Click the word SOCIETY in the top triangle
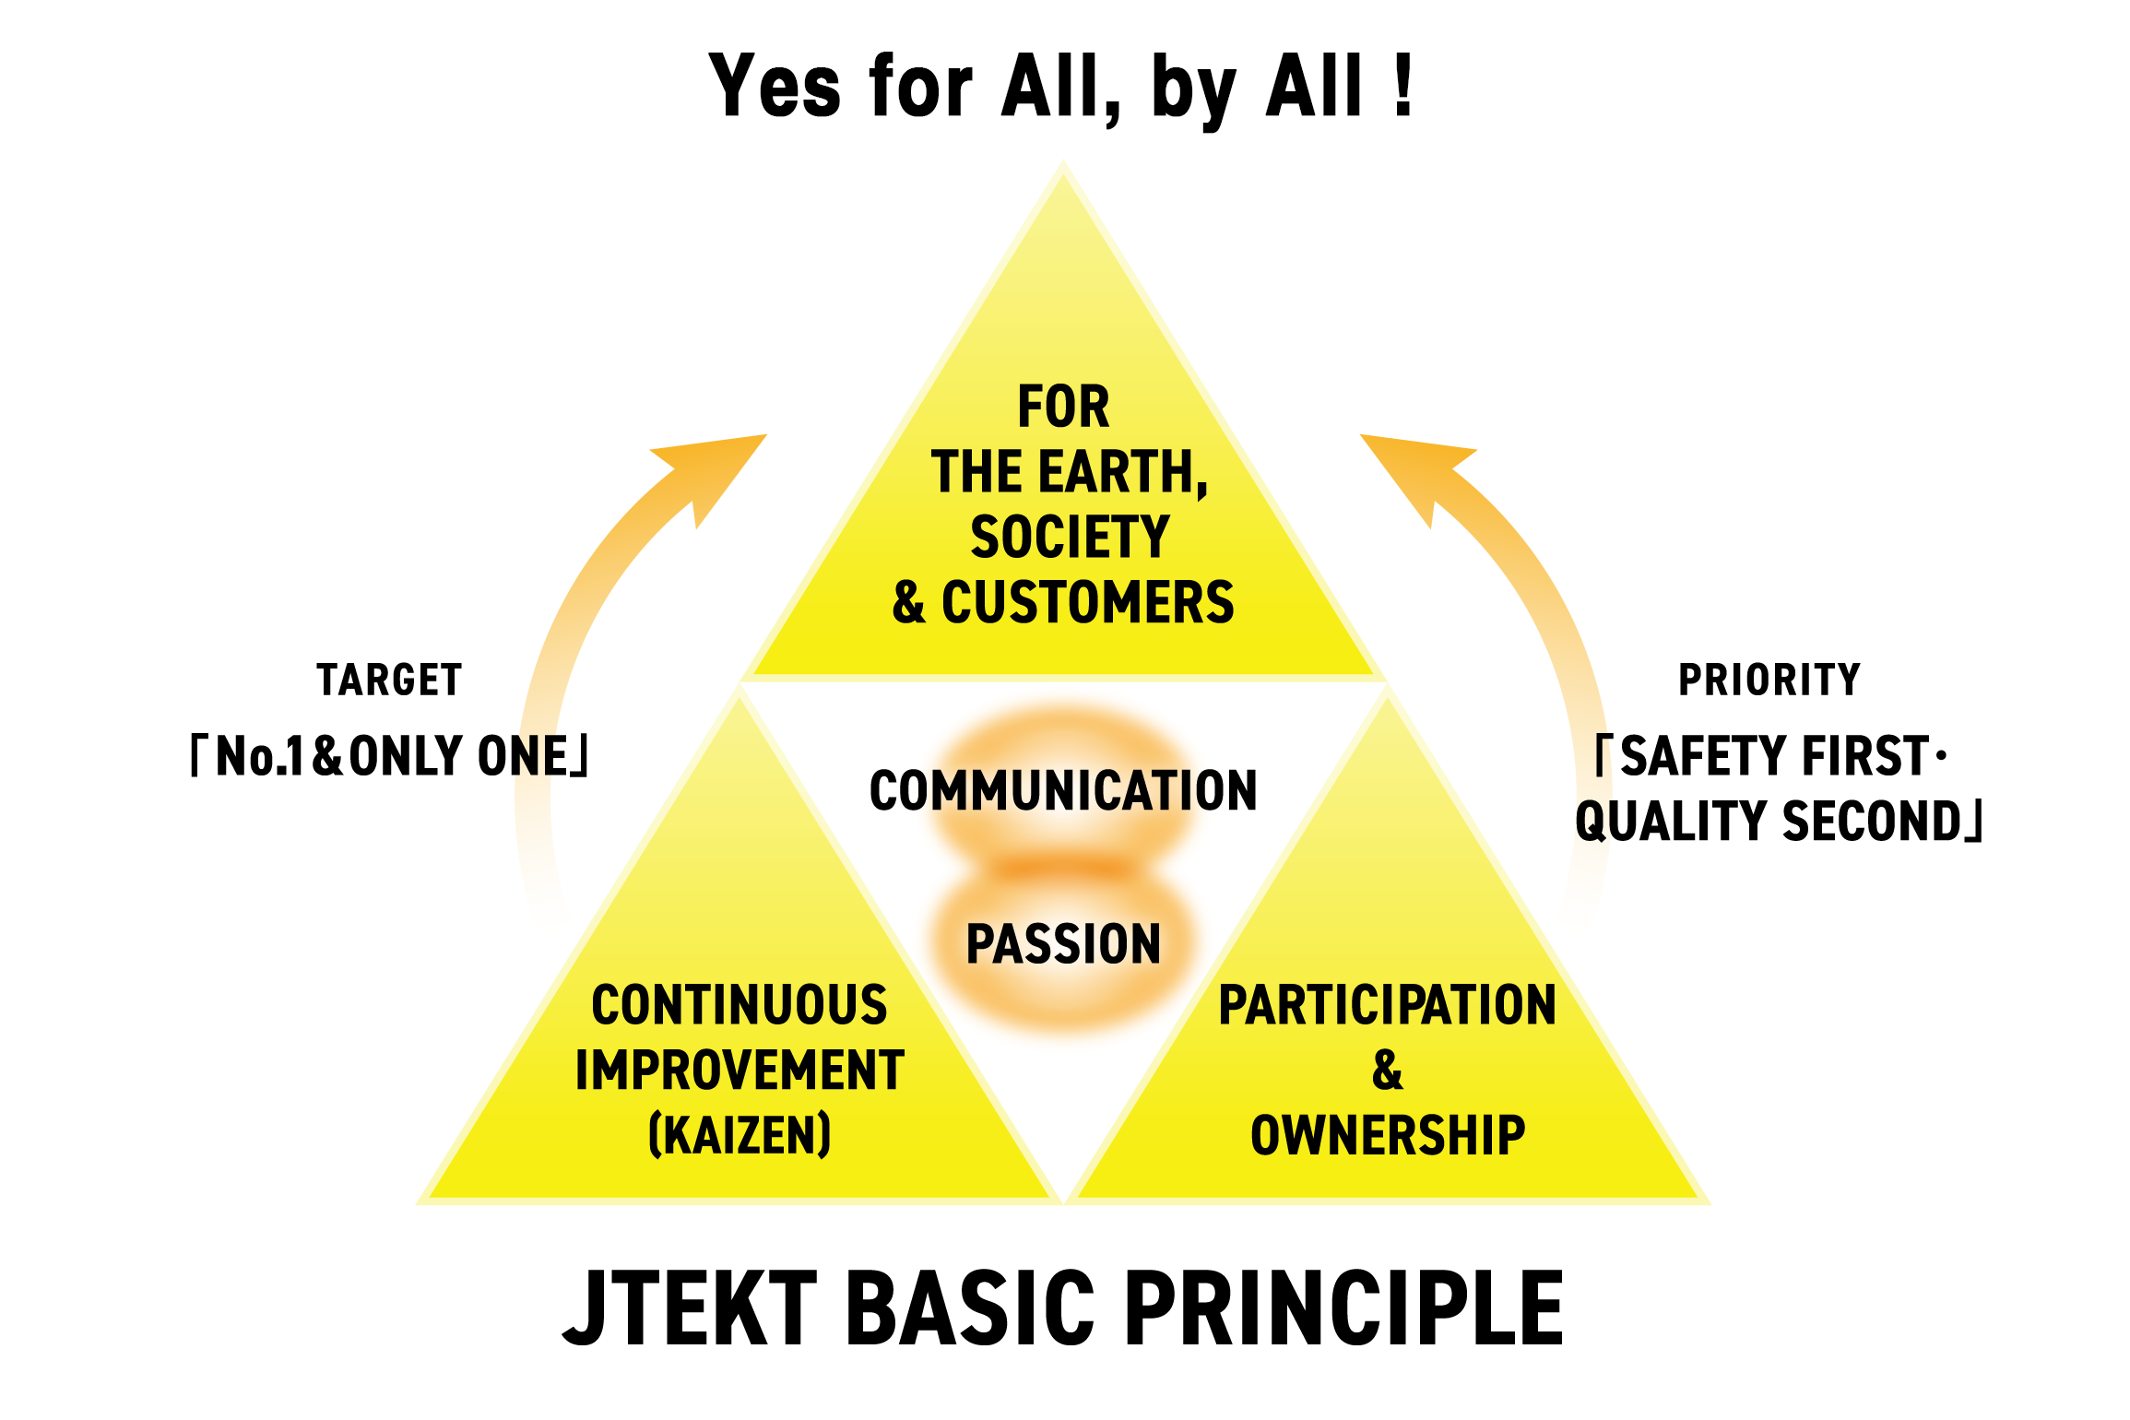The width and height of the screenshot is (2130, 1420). [1070, 538]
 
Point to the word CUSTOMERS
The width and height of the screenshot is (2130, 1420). [1087, 603]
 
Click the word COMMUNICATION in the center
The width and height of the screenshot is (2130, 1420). [1063, 791]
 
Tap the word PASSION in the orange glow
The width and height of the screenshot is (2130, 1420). [1063, 944]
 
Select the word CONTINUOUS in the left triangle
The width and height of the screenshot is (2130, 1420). [740, 1005]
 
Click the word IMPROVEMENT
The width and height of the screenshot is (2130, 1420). [740, 1071]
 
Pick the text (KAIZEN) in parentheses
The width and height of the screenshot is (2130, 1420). [740, 1135]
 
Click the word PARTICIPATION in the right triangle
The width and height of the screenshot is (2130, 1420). [1387, 1005]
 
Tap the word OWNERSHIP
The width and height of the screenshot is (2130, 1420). [1388, 1135]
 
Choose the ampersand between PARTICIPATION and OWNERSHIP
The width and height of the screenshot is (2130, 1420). [1387, 1071]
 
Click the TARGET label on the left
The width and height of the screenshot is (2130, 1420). [389, 680]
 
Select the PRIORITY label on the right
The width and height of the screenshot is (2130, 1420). [1769, 680]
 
